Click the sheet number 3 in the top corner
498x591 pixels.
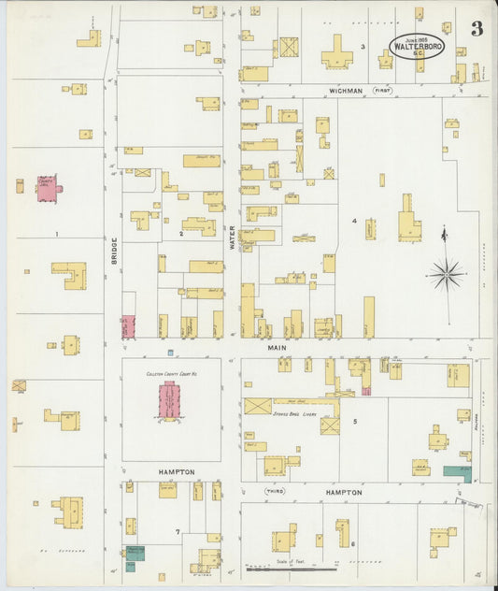(477, 29)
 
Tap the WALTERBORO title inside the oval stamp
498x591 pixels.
(418, 45)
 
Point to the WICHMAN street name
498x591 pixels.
(346, 91)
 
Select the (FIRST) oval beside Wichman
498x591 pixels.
(383, 91)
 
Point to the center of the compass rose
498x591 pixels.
(446, 274)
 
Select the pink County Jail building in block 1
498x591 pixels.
(47, 187)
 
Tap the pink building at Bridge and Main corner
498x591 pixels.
(128, 326)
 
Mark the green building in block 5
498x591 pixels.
(457, 472)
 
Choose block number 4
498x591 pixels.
(354, 221)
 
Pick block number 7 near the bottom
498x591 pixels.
(177, 533)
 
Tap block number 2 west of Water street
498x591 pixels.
(180, 233)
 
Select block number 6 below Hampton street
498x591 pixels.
(352, 542)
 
